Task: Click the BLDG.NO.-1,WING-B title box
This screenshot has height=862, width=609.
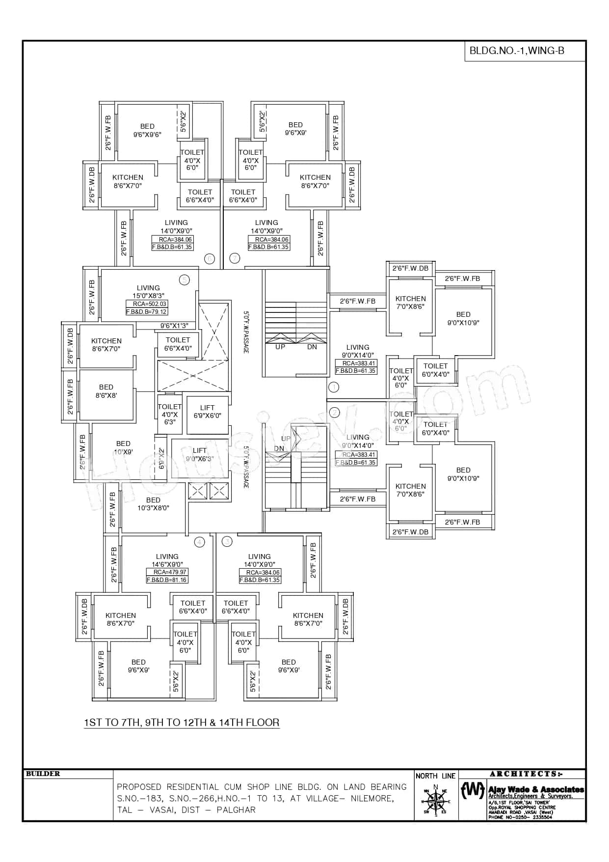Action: point(524,51)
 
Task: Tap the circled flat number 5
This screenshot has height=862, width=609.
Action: point(184,280)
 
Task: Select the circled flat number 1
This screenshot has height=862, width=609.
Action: point(334,388)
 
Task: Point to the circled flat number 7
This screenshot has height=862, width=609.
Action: point(235,258)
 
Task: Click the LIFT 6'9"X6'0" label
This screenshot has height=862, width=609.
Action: point(207,412)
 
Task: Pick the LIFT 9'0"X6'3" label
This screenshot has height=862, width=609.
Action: point(199,454)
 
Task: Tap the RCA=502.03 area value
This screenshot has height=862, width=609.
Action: point(146,304)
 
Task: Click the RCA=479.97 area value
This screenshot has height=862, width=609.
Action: point(166,572)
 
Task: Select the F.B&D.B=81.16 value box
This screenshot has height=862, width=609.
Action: point(167,580)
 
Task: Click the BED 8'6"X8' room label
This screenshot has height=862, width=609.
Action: point(106,391)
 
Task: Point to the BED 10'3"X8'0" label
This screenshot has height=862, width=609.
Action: point(153,504)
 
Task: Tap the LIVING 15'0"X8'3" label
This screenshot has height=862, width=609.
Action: point(148,292)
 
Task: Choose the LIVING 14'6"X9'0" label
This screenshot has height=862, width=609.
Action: point(167,560)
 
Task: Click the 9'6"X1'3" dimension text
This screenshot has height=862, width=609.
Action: point(174,326)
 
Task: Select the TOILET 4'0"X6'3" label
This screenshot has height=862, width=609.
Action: point(169,414)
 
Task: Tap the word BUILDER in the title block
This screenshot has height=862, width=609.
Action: point(43,774)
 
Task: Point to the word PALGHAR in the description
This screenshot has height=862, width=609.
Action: point(236,810)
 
